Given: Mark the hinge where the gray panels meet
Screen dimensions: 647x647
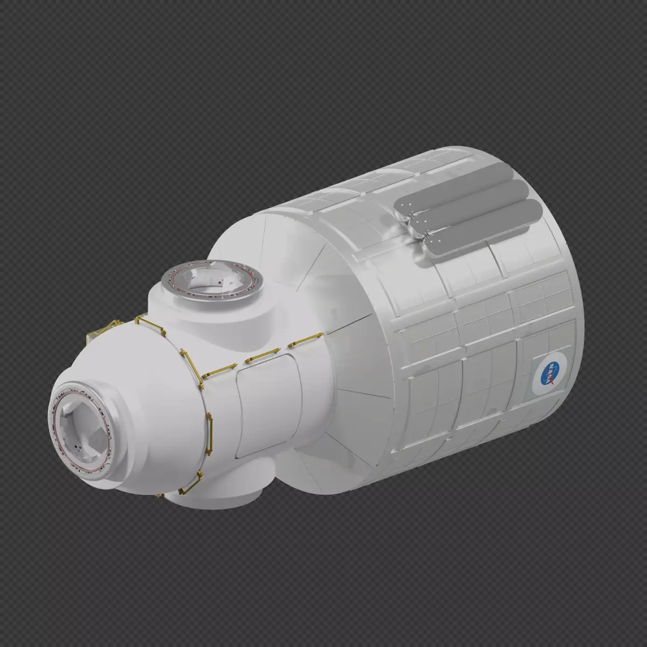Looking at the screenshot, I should point(415,226).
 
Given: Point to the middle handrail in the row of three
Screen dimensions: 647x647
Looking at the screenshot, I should point(262,355).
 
